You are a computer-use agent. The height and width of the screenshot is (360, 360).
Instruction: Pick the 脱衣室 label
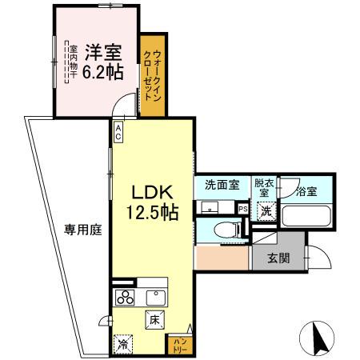264,189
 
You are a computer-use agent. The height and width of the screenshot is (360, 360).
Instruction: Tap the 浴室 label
306,192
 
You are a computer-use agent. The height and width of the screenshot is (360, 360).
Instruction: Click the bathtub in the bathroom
307,215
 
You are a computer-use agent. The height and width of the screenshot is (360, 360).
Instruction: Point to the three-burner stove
126,298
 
